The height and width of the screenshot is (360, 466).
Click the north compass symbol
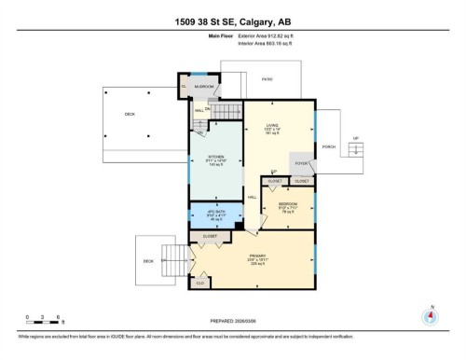[431, 315]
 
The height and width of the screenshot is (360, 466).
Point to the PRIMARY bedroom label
[252, 258]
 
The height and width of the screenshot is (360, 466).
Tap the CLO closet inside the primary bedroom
[201, 280]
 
